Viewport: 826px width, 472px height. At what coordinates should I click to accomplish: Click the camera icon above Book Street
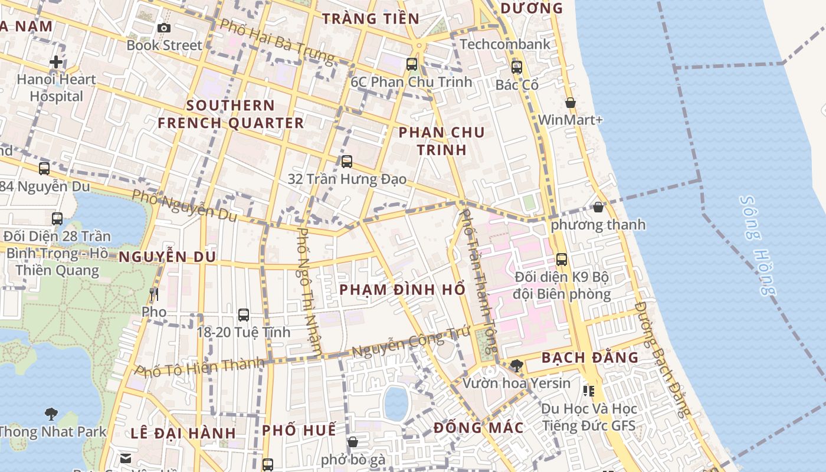click(x=164, y=28)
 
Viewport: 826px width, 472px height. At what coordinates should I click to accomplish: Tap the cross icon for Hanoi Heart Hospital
click(x=56, y=61)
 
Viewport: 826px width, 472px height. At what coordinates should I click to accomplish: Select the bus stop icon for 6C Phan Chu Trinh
click(x=412, y=64)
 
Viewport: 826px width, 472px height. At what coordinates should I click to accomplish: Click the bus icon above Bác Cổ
click(x=517, y=67)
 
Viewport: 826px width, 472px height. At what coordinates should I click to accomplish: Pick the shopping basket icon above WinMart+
click(x=571, y=103)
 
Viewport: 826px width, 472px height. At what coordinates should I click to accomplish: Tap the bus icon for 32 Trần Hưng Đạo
click(x=347, y=161)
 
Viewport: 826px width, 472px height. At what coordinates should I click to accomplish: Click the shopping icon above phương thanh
click(x=598, y=207)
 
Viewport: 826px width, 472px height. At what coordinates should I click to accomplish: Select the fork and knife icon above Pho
click(x=154, y=294)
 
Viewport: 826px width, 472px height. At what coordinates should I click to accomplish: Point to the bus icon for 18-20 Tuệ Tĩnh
click(x=243, y=315)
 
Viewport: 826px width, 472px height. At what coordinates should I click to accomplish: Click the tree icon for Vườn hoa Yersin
click(x=517, y=366)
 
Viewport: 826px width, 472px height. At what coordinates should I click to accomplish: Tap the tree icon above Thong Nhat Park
click(x=51, y=414)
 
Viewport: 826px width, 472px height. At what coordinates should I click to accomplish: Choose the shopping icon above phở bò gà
click(x=353, y=442)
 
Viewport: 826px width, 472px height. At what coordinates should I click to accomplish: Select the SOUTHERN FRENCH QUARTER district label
click(x=231, y=114)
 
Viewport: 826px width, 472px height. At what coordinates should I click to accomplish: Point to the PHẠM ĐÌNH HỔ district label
click(x=403, y=290)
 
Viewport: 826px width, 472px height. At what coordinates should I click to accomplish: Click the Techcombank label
click(x=505, y=44)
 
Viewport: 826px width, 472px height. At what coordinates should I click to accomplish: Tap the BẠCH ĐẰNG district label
click(x=590, y=358)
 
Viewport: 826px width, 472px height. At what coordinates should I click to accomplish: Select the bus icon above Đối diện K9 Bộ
click(x=562, y=259)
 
